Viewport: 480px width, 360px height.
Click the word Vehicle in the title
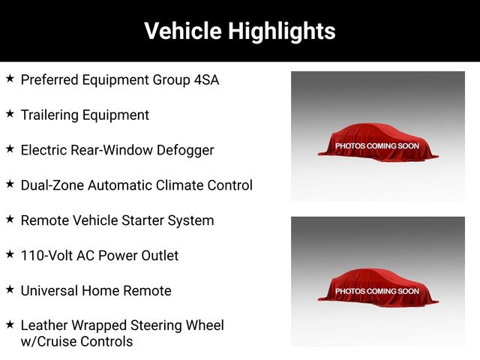[x=183, y=31]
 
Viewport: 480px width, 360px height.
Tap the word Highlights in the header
[x=282, y=31]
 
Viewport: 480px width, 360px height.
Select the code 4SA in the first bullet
[x=207, y=80]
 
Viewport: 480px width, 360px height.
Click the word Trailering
[x=49, y=115]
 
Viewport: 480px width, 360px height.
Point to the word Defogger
[x=185, y=151]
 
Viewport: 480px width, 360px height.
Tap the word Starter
[x=142, y=220]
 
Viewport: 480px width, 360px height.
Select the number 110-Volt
[x=46, y=256]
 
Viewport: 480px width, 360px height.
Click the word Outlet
[x=160, y=256]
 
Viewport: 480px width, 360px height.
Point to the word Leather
[x=44, y=325]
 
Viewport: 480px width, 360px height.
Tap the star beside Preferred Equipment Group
[x=10, y=78]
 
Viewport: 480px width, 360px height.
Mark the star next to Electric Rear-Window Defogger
[x=10, y=148]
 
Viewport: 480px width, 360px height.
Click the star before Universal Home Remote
[x=10, y=289]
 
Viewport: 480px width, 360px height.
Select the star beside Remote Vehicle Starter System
[x=10, y=219]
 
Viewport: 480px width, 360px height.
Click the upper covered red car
[x=378, y=142]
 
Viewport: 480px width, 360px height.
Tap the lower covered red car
[x=378, y=288]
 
